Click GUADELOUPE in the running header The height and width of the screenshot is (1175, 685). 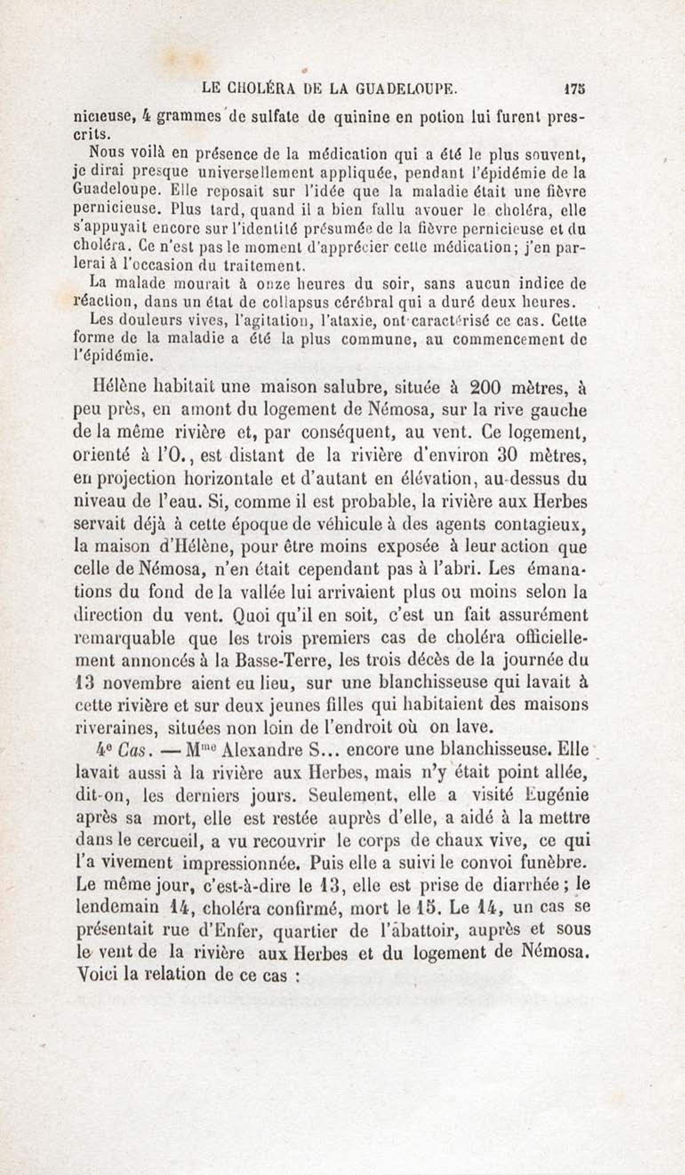(405, 89)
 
